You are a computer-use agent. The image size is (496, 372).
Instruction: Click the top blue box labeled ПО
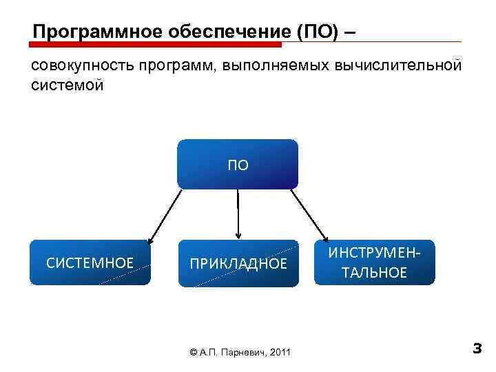(x=238, y=164)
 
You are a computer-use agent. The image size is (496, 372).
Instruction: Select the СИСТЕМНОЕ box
(x=90, y=262)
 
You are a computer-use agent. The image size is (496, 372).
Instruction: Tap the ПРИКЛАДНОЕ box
(x=238, y=263)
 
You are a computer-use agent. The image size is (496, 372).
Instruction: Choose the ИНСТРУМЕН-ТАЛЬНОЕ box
(x=375, y=262)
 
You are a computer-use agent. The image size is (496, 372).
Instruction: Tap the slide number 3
(x=477, y=349)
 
